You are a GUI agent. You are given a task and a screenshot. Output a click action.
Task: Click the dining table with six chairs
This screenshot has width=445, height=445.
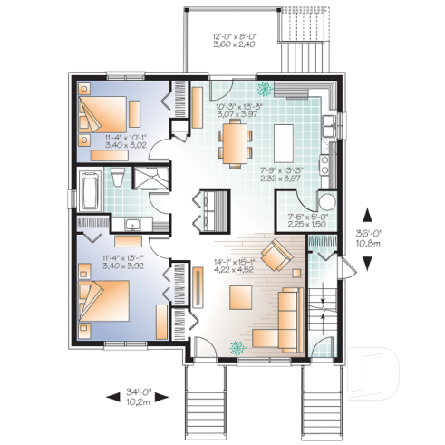[x=235, y=141]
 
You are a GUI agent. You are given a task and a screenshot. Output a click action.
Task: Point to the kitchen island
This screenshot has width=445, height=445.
[x=282, y=141]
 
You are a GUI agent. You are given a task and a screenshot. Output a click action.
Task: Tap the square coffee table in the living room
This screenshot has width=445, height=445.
[x=241, y=296]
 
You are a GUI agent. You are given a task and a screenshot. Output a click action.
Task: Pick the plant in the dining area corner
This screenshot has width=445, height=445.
[x=265, y=89]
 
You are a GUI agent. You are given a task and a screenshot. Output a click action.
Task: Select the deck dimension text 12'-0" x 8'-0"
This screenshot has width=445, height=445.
[x=222, y=40]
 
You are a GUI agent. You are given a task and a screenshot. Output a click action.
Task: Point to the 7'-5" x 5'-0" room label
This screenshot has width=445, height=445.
[x=304, y=220]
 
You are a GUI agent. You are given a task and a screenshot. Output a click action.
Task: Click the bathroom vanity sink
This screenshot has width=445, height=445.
[x=132, y=223]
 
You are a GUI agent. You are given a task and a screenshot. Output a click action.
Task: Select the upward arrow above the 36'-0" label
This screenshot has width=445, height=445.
[x=366, y=215]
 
